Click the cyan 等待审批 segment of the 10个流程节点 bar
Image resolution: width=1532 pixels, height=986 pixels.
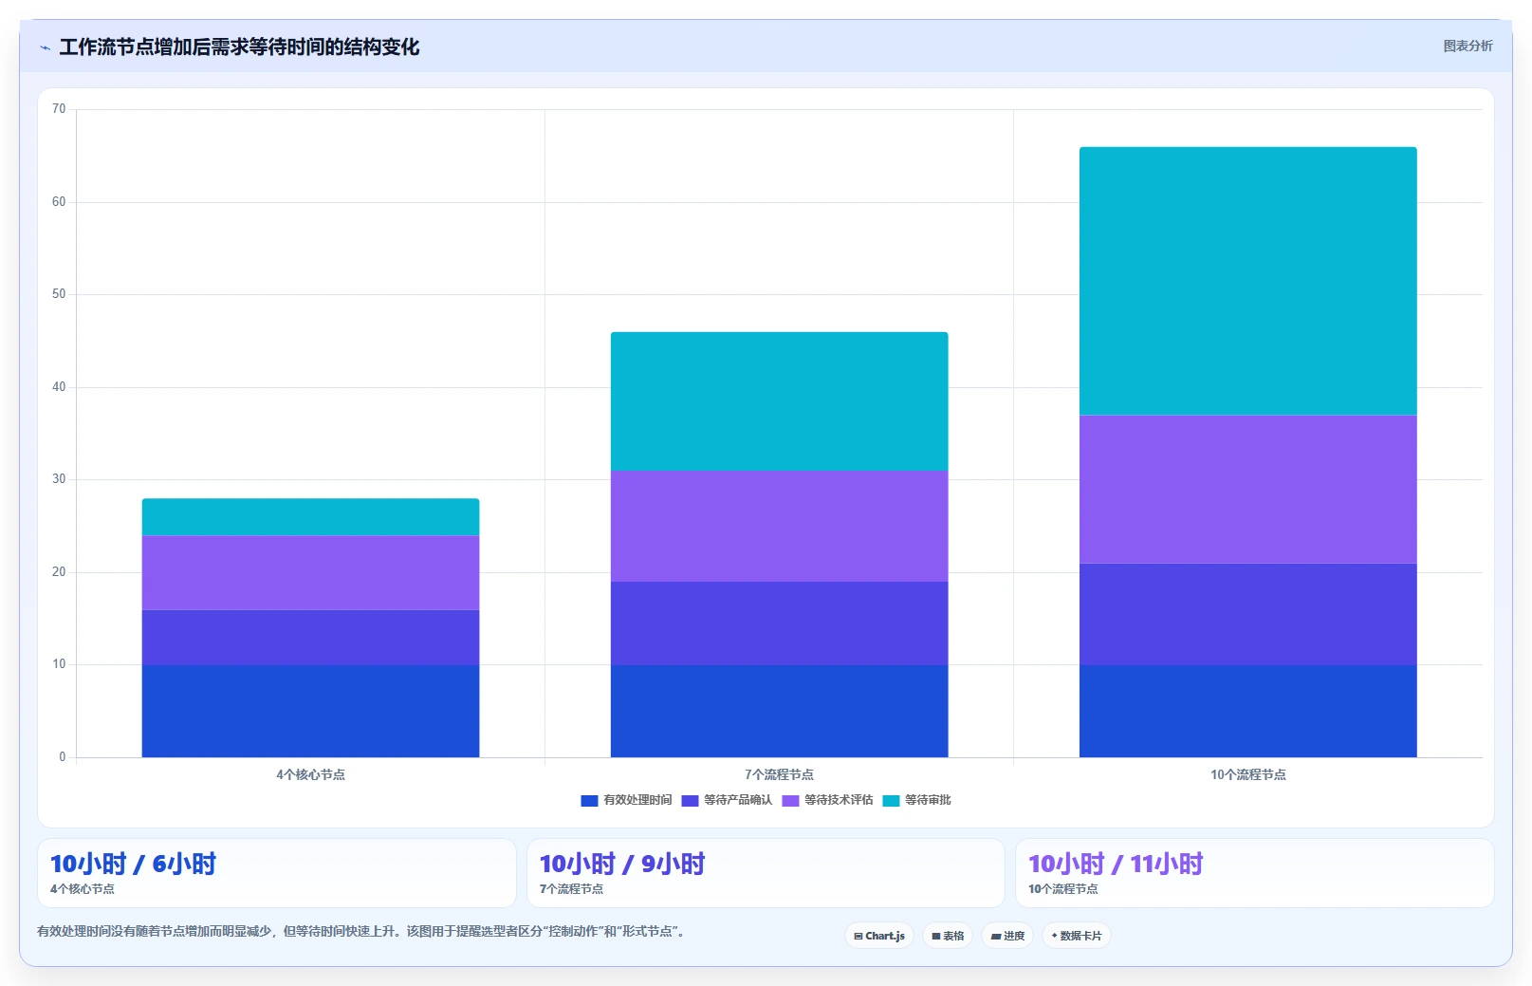tap(1247, 281)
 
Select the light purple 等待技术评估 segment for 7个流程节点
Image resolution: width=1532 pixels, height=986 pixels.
tap(779, 526)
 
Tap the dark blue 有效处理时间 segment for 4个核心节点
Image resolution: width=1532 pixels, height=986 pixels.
tap(310, 711)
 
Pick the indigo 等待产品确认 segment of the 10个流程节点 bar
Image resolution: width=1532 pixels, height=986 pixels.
tap(1247, 614)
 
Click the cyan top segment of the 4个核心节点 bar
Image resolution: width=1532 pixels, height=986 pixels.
tap(310, 516)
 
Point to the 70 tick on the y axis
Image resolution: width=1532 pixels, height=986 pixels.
tap(59, 109)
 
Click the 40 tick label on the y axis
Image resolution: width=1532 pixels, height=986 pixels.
tap(59, 386)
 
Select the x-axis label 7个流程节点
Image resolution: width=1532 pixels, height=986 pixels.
tap(779, 774)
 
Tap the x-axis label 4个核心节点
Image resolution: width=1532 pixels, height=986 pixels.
tap(310, 774)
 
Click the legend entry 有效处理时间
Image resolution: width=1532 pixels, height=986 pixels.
tap(626, 800)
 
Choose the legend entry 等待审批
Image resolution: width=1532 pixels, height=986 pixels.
tap(916, 800)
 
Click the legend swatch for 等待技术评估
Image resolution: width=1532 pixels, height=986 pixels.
tap(790, 801)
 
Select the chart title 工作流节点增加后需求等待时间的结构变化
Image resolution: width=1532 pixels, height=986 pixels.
tap(239, 47)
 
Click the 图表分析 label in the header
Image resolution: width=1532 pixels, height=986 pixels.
tap(1467, 46)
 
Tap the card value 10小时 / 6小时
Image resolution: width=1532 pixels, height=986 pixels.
tap(133, 864)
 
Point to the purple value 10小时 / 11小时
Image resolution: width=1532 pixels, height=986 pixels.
tap(1116, 864)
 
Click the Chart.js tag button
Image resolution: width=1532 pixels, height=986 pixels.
tap(878, 936)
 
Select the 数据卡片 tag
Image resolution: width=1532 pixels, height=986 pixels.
tap(1076, 936)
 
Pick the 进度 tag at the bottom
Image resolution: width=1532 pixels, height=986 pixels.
tap(1006, 936)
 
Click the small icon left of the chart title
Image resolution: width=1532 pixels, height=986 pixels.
tap(46, 47)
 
